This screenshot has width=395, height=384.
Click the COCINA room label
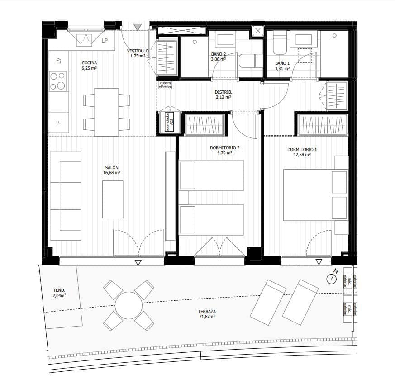pyautogui.click(x=89, y=63)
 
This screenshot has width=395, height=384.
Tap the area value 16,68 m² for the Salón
pyautogui.click(x=112, y=173)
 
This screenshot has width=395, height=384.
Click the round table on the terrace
pyautogui.click(x=128, y=305)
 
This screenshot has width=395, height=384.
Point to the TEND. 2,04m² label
pyautogui.click(x=59, y=293)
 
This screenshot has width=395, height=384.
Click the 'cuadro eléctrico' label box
pyautogui.click(x=166, y=85)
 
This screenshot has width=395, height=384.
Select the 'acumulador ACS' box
pyautogui.click(x=169, y=123)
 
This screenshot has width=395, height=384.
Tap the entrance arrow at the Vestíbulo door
pyautogui.click(x=138, y=27)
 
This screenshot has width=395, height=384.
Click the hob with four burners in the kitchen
pyautogui.click(x=58, y=81)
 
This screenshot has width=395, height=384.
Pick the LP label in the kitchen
pyautogui.click(x=105, y=41)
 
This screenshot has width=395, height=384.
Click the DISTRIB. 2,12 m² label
pyautogui.click(x=223, y=94)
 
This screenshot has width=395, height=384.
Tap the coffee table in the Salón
pyautogui.click(x=113, y=199)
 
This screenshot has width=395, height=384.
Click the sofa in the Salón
pyautogui.click(x=65, y=195)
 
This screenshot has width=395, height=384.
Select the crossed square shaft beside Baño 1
pyautogui.click(x=257, y=31)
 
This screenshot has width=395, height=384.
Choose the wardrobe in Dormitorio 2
pyautogui.click(x=205, y=124)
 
